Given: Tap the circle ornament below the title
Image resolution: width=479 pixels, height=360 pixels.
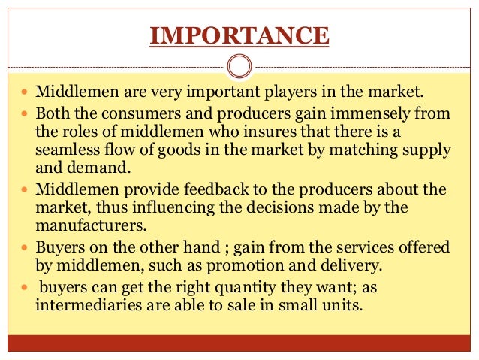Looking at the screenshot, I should (x=239, y=67).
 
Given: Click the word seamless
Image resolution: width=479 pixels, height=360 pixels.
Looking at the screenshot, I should (x=66, y=150).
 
